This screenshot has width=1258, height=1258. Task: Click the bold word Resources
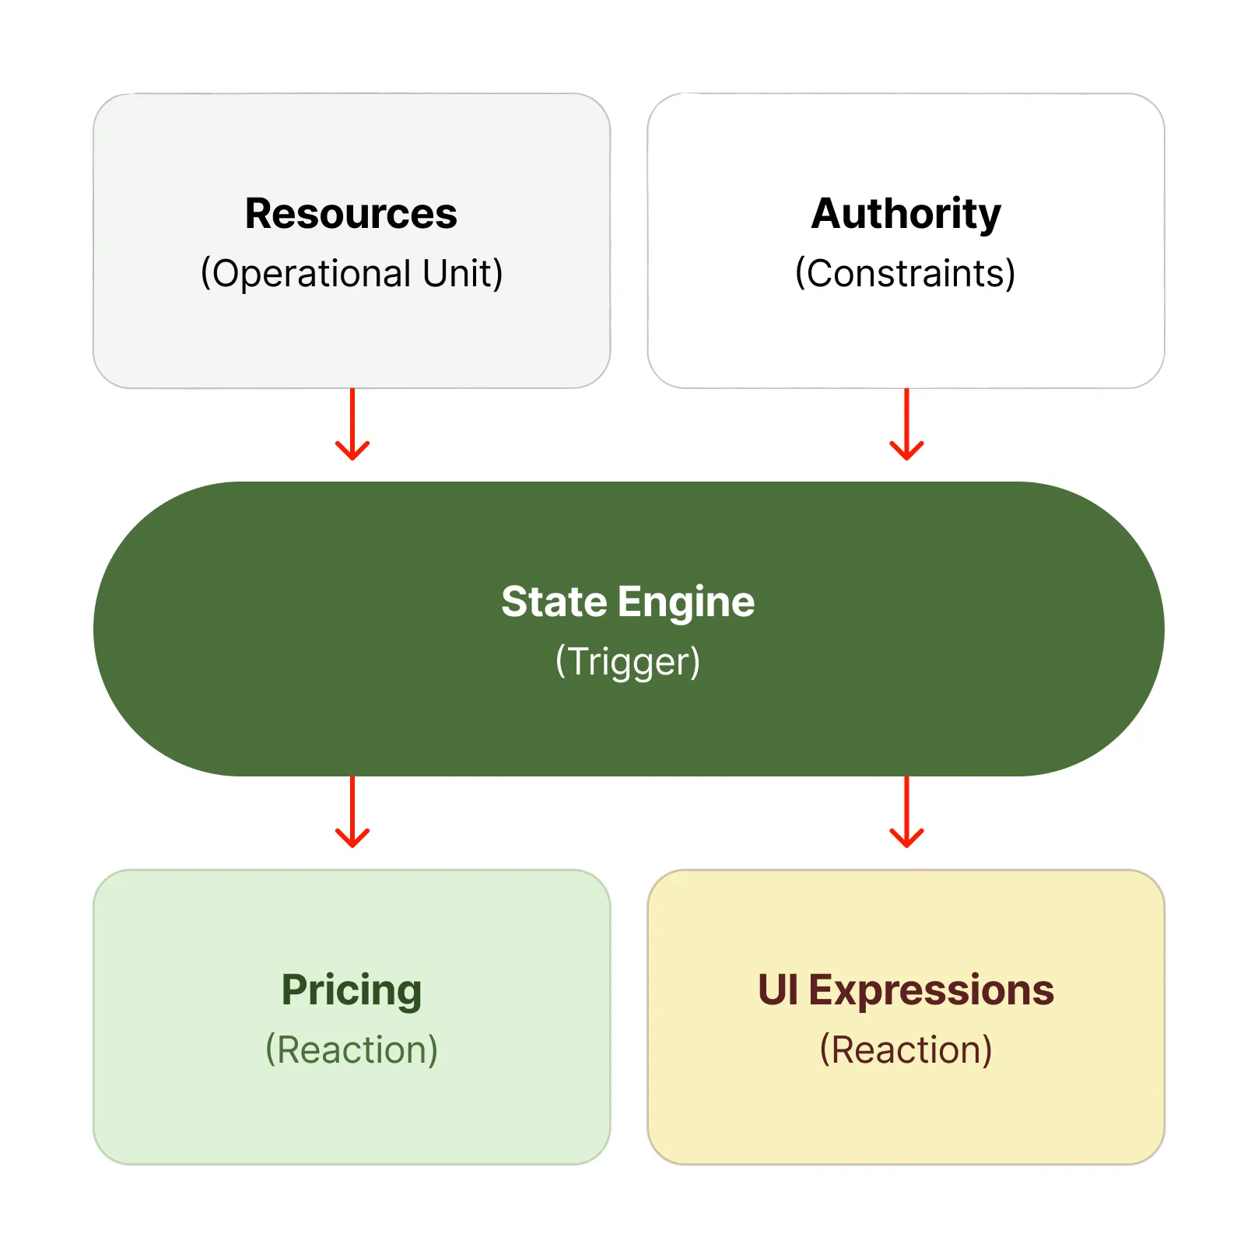pos(351,214)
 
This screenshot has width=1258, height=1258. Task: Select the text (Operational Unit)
pos(351,274)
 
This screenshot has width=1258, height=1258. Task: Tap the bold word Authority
pos(906,214)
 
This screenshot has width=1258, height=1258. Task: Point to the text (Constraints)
pos(906,274)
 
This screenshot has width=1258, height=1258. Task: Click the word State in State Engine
pos(553,602)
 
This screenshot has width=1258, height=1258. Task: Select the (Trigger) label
pos(628,662)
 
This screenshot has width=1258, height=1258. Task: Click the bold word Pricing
pos(351,990)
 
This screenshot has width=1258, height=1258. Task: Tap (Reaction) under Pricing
pos(351,1050)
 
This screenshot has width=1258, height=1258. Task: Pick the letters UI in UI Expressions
pos(778,990)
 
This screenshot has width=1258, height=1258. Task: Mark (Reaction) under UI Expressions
pos(906,1050)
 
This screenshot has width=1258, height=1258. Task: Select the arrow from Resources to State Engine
pos(352,424)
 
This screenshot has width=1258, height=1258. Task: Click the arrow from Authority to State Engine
pos(906,424)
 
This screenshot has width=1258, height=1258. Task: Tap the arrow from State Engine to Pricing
pos(352,811)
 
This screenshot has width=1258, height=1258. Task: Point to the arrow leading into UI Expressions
pos(906,811)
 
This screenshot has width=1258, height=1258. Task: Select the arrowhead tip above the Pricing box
pos(352,846)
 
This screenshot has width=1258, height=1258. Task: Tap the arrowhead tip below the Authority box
pos(906,458)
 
